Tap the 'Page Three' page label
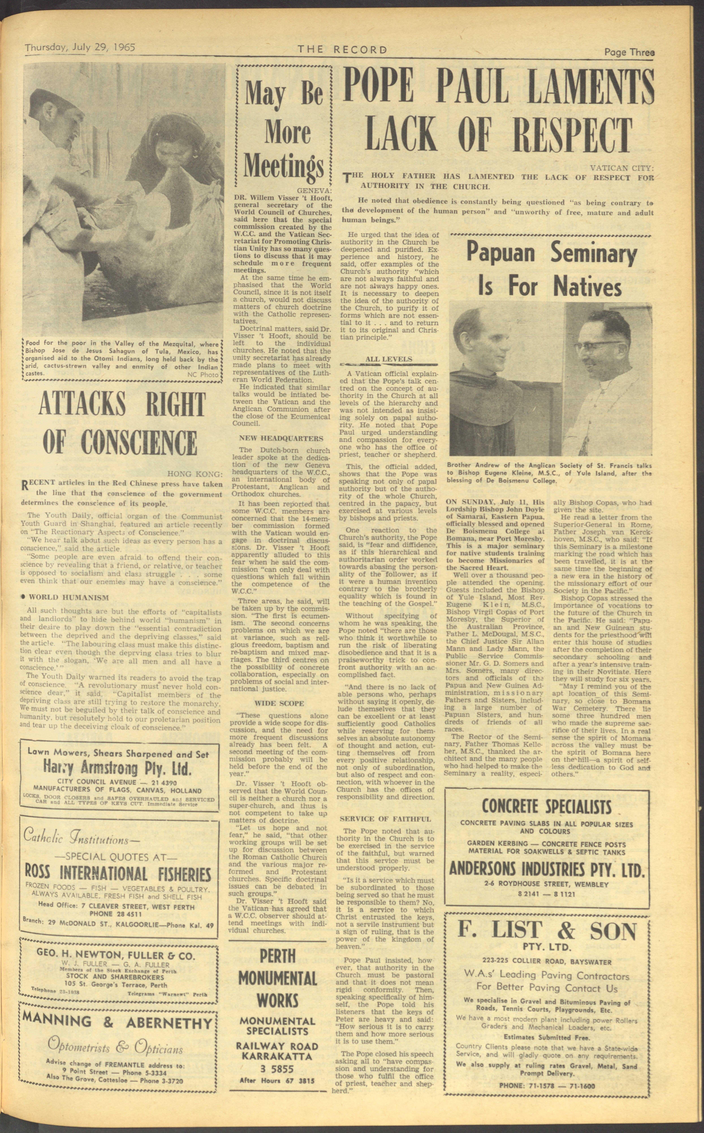629,52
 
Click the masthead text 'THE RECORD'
342,49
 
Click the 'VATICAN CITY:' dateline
622,168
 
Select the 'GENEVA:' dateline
314,191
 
